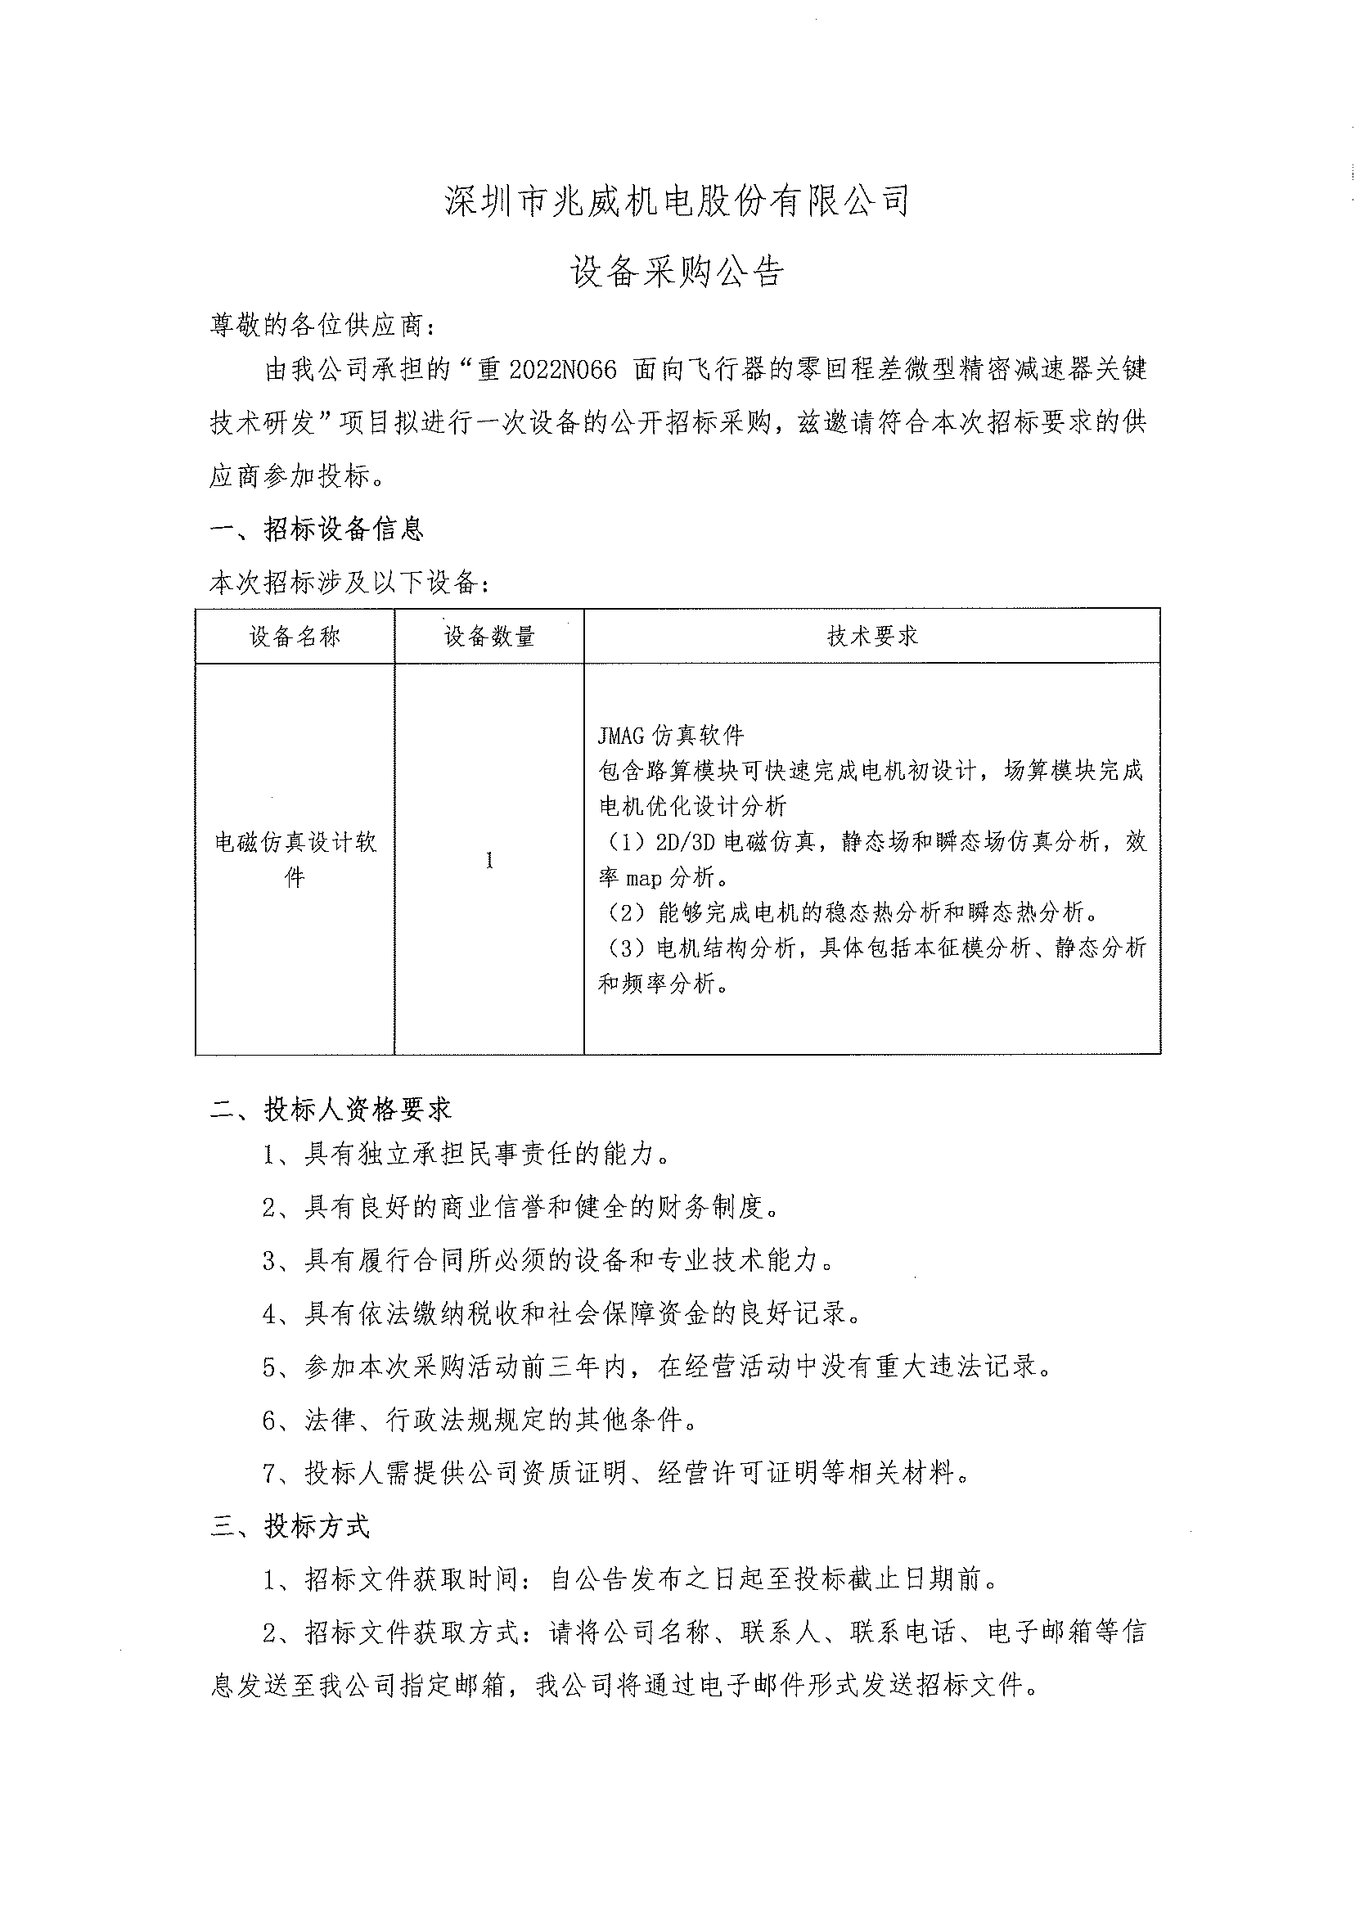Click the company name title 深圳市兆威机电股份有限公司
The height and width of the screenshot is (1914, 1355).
pyautogui.click(x=677, y=202)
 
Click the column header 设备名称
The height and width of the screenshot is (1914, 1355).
pyautogui.click(x=295, y=637)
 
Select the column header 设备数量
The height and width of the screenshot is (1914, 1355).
pyautogui.click(x=489, y=637)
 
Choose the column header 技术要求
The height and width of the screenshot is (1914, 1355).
pyautogui.click(x=872, y=637)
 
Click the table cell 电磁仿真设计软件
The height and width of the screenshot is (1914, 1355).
pyautogui.click(x=295, y=859)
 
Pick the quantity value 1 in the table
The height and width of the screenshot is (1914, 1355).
pyautogui.click(x=489, y=860)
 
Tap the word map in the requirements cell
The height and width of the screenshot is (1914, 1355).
pyautogui.click(x=643, y=879)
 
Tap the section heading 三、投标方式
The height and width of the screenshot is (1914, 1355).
pyautogui.click(x=290, y=1527)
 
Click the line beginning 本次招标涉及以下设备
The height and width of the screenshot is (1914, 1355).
pyautogui.click(x=349, y=583)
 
